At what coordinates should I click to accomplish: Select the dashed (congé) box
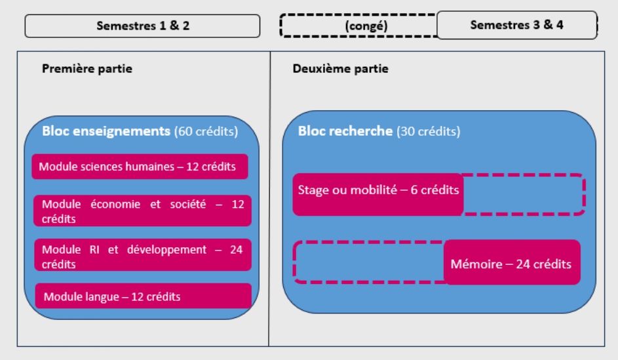tap(358, 26)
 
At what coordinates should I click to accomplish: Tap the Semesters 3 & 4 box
tap(516, 24)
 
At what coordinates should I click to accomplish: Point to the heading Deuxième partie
tap(341, 69)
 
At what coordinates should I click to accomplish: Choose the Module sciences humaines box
tap(139, 167)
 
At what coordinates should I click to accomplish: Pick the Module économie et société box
tap(142, 211)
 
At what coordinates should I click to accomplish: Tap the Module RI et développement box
tap(142, 255)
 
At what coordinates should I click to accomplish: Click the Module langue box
tap(142, 296)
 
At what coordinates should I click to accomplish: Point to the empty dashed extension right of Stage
tap(524, 194)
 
